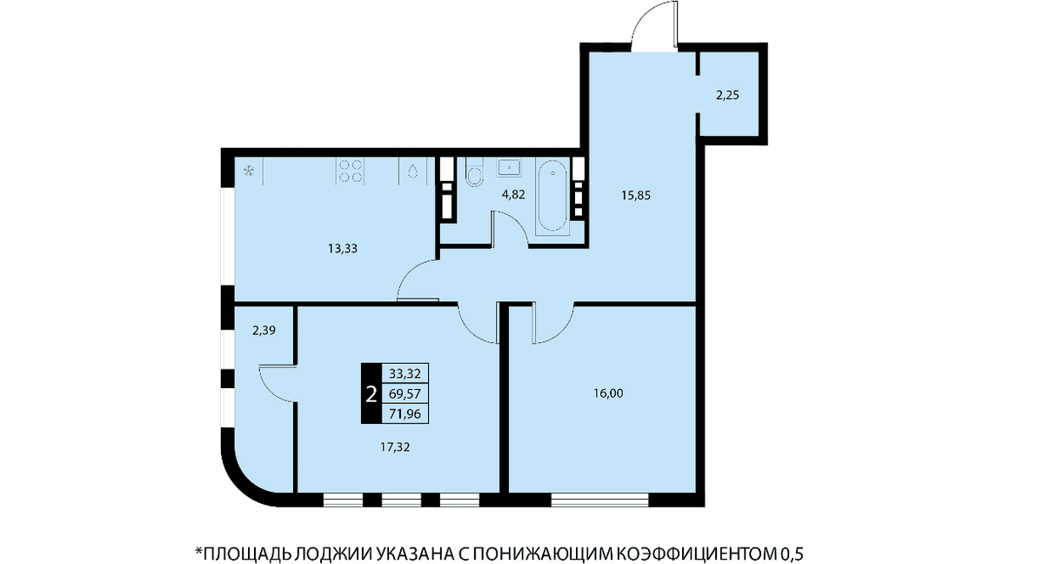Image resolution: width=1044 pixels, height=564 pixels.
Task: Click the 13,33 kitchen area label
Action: (x=343, y=249)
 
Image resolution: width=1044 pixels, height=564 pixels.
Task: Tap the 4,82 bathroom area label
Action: (x=513, y=195)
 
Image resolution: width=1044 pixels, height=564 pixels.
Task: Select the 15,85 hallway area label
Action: (x=636, y=196)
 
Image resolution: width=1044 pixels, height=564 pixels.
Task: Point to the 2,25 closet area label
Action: (x=727, y=96)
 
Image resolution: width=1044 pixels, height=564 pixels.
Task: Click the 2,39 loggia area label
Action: (x=264, y=331)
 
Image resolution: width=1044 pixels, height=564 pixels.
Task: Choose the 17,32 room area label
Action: (x=395, y=447)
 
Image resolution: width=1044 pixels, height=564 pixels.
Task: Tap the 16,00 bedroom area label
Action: (x=608, y=393)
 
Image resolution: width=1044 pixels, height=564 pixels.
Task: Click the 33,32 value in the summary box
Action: (x=405, y=374)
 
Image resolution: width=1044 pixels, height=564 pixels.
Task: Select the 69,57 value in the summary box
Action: (x=405, y=394)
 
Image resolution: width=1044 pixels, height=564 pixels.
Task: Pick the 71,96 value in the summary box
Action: (x=405, y=414)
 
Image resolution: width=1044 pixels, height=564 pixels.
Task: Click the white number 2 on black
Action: (x=371, y=394)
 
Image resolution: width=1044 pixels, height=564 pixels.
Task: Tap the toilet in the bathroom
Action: (x=474, y=172)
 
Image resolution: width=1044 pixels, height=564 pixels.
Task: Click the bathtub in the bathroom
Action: (x=552, y=196)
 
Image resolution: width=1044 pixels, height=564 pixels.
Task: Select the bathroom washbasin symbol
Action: (x=509, y=167)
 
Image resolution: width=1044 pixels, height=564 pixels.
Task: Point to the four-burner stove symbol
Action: (x=350, y=171)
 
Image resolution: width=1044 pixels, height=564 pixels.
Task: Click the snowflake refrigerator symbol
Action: (x=249, y=171)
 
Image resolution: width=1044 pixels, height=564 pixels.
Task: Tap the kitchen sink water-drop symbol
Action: (x=412, y=171)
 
